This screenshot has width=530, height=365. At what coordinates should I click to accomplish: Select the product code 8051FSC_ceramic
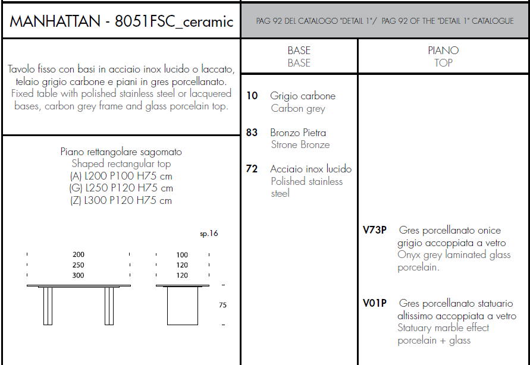click(174, 22)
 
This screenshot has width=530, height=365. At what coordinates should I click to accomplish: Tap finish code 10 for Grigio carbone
click(252, 96)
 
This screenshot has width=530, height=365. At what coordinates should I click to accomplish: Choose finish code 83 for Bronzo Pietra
click(252, 133)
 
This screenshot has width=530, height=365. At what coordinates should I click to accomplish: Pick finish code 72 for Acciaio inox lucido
click(252, 169)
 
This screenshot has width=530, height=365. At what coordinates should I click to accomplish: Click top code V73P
click(375, 231)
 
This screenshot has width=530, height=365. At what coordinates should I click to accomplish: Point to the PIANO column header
click(443, 51)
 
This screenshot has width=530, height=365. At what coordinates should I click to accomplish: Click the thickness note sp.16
click(209, 234)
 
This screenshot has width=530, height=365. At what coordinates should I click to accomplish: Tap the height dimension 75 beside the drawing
click(222, 305)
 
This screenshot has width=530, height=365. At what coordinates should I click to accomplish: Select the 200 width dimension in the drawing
click(79, 254)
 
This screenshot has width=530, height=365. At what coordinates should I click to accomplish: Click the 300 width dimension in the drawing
click(79, 275)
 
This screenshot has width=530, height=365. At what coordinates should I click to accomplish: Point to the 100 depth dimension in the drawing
click(182, 255)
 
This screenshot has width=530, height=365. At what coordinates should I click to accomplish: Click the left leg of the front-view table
click(48, 306)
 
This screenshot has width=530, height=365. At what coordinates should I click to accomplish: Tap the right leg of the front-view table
click(109, 306)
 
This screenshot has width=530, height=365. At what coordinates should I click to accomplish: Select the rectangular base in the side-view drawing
click(183, 306)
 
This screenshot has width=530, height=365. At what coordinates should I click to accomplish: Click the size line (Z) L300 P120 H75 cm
click(121, 201)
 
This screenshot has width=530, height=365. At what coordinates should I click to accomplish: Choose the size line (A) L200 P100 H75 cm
click(121, 176)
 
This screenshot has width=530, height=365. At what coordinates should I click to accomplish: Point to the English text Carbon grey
click(298, 109)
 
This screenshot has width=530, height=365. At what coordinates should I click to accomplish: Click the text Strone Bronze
click(300, 145)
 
